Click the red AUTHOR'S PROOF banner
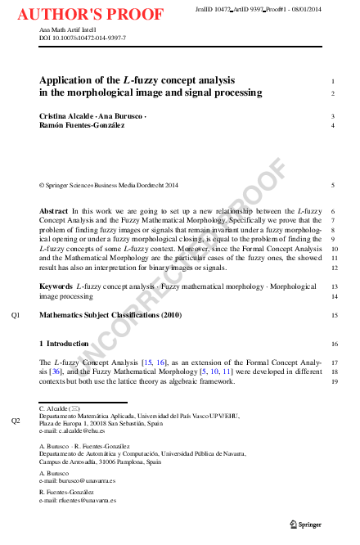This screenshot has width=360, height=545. coord(90,14)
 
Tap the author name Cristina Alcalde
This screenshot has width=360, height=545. coord(66,117)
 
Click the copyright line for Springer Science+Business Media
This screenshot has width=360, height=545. coord(110,185)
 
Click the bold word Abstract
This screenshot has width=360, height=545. coord(53,211)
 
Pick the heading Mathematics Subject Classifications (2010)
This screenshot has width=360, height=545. coord(110,314)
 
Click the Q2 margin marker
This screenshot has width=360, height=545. coord(16,421)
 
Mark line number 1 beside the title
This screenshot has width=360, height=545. coord(333,82)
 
